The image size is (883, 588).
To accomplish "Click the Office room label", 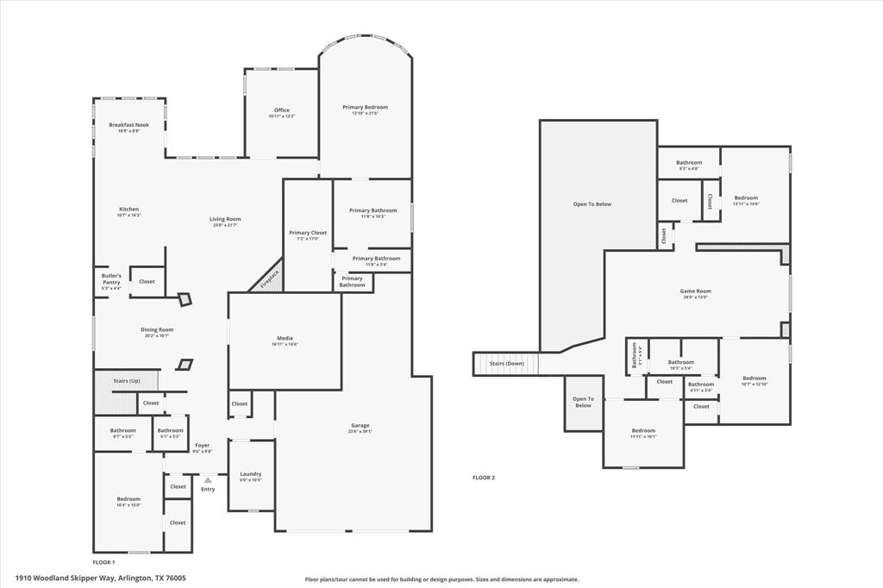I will click(x=282, y=110).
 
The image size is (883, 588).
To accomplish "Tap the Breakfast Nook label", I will click(x=128, y=125).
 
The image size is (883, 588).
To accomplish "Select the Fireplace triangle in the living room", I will click(x=267, y=277).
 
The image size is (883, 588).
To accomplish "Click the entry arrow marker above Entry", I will click(x=208, y=480).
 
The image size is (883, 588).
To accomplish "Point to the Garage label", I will click(x=360, y=425).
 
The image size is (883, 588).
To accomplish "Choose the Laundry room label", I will click(x=251, y=474).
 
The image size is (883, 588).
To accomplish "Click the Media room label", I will click(x=285, y=338).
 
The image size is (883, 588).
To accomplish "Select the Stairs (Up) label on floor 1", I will click(x=127, y=380).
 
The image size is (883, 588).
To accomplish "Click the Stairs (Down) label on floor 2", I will click(x=507, y=364).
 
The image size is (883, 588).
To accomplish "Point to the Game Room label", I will click(x=695, y=291).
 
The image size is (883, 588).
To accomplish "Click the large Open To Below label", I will click(x=592, y=204).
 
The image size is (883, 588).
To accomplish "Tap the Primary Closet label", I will click(x=308, y=233).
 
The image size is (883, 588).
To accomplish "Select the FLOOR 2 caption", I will click(x=484, y=477).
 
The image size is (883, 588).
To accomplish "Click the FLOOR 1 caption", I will click(x=103, y=561).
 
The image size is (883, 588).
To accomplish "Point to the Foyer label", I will click(x=203, y=446).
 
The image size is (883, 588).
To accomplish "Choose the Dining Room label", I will click(x=157, y=329).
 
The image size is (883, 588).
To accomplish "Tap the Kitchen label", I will click(x=128, y=210).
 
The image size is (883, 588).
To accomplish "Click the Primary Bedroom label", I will click(x=365, y=108).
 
